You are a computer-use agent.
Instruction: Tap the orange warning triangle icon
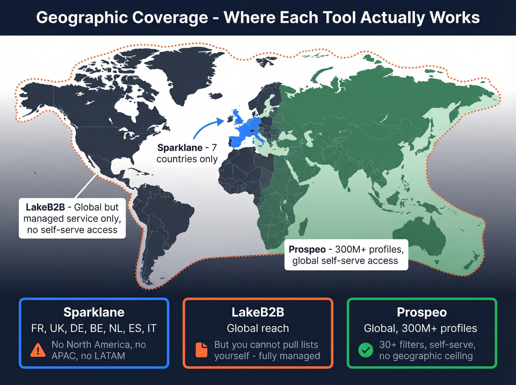click(38, 350)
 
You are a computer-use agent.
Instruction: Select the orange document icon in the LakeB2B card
click(201, 350)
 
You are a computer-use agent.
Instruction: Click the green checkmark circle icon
click(366, 350)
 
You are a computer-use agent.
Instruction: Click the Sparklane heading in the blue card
click(94, 312)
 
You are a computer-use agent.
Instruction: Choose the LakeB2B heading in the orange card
click(258, 312)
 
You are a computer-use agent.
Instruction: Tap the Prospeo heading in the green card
click(422, 312)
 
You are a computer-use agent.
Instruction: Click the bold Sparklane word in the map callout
click(180, 148)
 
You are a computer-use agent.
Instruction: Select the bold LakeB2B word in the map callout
click(45, 207)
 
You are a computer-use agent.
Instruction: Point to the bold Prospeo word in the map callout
click(307, 249)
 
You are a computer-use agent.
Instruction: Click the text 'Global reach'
click(258, 328)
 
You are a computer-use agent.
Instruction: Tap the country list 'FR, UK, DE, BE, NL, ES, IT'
click(94, 328)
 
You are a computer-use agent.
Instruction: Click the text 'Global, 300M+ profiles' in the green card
click(421, 328)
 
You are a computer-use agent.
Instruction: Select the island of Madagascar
click(303, 227)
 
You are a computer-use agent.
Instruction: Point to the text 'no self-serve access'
click(72, 230)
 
